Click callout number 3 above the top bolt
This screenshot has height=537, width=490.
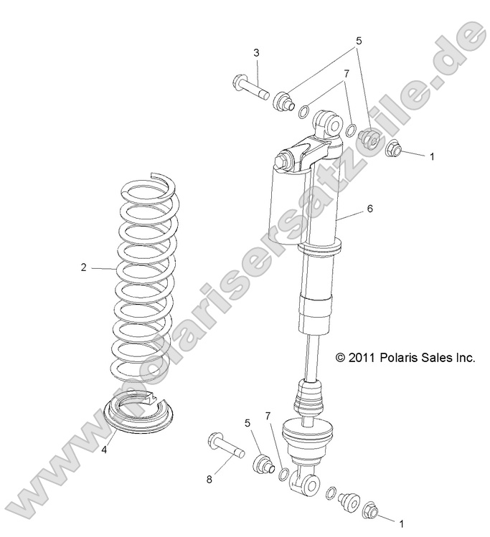[x=255, y=53]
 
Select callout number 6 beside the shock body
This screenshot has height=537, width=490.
[x=370, y=209]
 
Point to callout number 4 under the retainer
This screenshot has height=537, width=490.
[x=103, y=450]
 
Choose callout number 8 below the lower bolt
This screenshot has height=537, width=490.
[x=209, y=480]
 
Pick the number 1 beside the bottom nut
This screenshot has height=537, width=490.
[x=401, y=523]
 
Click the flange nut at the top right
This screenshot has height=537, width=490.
[x=394, y=148]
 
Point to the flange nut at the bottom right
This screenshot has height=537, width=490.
[x=372, y=510]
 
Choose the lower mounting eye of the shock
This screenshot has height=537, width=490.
[x=304, y=485]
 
